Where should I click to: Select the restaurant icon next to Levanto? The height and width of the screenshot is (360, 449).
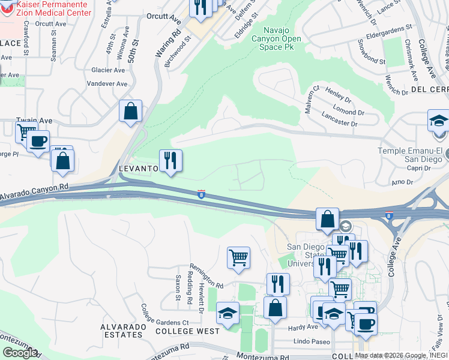tap(170, 161)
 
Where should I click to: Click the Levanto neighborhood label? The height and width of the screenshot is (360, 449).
tap(138, 169)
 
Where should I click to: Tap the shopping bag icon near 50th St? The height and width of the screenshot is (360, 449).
tap(130, 111)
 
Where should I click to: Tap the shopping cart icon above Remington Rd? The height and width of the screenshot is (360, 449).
tap(238, 258)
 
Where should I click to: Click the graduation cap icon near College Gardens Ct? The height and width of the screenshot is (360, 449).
tap(228, 313)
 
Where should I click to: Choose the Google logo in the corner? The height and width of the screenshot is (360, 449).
tap(19, 353)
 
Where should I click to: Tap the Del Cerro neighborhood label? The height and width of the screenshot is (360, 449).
tap(430, 89)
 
